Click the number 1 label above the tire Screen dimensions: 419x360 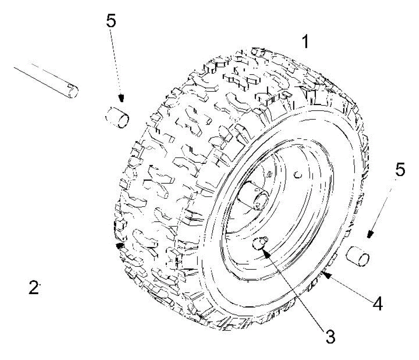pos(305,42)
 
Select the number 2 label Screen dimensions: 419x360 pos(34,288)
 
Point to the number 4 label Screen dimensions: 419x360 pos(376,303)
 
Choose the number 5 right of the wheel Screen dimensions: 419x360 pos(399,171)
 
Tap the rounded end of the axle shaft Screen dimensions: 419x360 pos(72,90)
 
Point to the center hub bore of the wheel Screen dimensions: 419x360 pos(261,200)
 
